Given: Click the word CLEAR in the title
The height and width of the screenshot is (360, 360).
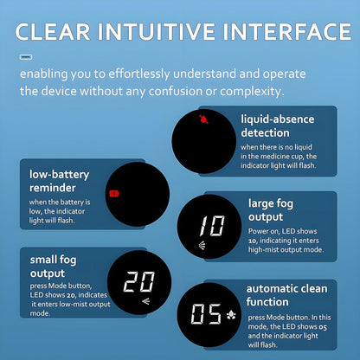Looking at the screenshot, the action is click(53, 31).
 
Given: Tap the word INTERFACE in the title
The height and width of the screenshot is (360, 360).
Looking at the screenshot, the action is click(287, 31).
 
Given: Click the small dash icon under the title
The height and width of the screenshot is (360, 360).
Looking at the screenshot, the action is click(26, 57).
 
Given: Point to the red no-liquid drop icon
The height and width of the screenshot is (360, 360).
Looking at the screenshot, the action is click(203, 119).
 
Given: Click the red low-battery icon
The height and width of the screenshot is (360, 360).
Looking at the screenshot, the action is click(114, 193).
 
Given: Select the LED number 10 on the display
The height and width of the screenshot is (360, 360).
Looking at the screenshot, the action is click(212, 226).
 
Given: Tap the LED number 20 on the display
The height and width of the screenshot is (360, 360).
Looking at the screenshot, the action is click(139, 281).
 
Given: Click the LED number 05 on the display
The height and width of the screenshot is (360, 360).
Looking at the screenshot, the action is click(206, 314).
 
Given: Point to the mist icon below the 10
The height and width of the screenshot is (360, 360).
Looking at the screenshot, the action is click(202, 246).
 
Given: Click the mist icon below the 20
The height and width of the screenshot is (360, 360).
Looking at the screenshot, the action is click(146, 301).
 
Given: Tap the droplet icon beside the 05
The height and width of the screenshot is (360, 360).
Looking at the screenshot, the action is click(231, 315).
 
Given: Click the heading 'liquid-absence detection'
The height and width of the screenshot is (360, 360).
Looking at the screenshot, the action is click(278, 126).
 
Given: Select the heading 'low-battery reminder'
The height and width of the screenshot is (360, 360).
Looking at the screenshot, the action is click(59, 181).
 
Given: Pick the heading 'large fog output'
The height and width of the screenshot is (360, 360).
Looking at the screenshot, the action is click(271, 210).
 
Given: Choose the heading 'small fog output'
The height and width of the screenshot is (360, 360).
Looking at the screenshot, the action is click(53, 267).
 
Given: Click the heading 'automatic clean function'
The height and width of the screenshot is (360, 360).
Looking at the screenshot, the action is click(286, 295).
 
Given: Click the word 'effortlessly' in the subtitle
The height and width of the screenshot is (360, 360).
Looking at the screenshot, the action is click(139, 74).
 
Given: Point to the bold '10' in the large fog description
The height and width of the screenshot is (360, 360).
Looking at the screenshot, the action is click(252, 241).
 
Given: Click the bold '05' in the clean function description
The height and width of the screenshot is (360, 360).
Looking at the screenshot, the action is click(323, 327).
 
